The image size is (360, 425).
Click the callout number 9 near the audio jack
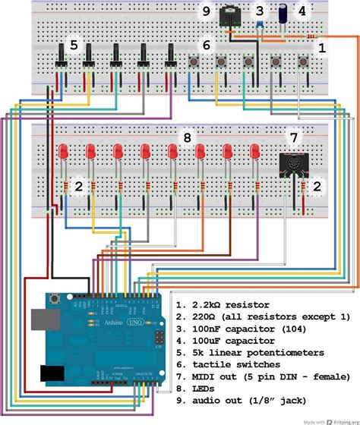(x=205, y=11)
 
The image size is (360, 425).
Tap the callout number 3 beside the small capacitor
(x=259, y=11)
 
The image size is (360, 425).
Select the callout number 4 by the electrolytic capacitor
(x=302, y=11)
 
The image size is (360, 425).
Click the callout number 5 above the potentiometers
(x=73, y=45)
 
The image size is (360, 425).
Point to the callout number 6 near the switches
(x=205, y=45)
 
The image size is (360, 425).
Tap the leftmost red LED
(x=63, y=151)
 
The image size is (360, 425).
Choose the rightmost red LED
(x=254, y=151)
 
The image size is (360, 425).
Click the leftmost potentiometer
(x=60, y=58)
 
